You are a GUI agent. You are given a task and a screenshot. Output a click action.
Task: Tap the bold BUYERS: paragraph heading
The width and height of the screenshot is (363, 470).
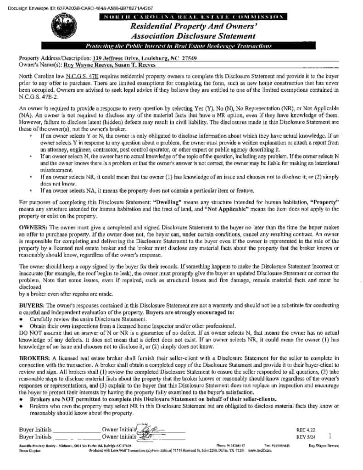coord(32,306)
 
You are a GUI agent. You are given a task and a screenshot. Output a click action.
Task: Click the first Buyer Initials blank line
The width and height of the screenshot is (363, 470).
coord(76,431)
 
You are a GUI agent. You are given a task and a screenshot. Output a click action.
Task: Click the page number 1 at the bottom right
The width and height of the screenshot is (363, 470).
coord(330,434)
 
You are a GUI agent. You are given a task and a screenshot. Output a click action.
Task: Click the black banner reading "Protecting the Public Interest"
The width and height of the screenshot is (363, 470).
coord(180,46)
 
